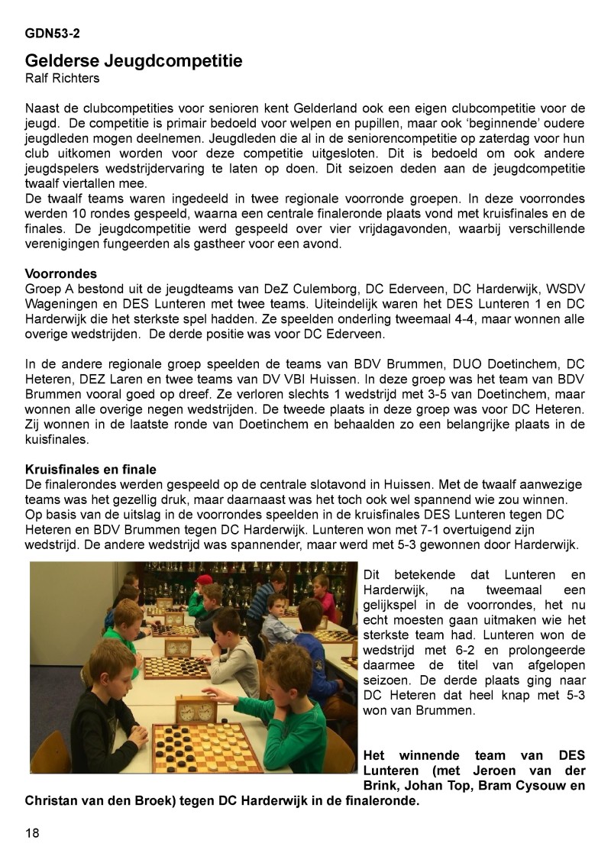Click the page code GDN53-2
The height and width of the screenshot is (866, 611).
coord(53,34)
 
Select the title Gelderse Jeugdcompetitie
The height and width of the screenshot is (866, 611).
coord(134,60)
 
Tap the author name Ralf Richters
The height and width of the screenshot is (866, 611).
coord(62,78)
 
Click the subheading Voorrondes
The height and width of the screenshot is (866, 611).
coord(60,273)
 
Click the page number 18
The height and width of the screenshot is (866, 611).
coord(32,832)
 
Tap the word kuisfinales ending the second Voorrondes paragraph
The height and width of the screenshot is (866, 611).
coord(58,441)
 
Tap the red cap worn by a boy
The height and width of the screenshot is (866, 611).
coord(204,580)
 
